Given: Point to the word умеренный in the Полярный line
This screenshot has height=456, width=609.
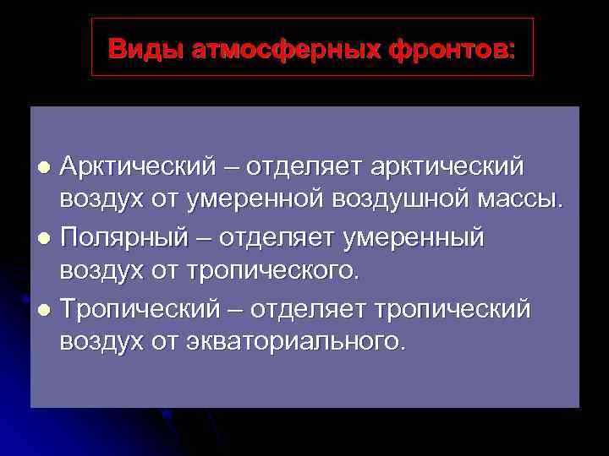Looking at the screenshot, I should [x=413, y=238].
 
